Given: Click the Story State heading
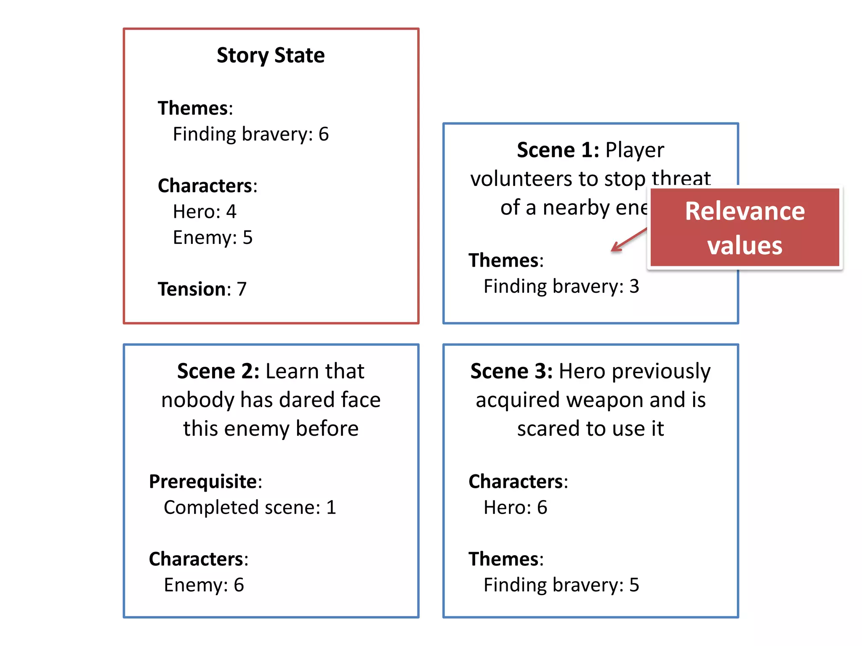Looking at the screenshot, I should click(271, 56).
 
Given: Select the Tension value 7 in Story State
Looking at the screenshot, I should click(242, 289).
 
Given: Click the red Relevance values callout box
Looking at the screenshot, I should click(745, 228).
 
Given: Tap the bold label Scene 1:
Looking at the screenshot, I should click(558, 150).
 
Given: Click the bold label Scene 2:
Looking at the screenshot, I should click(218, 371).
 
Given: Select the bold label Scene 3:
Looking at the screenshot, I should click(511, 371).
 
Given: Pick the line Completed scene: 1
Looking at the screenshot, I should click(250, 508).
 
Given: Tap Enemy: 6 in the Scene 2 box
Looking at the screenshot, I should click(204, 585).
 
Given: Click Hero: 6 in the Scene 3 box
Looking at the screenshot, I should click(515, 508).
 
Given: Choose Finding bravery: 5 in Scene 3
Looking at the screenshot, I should click(561, 585).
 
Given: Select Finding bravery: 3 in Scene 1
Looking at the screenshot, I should click(561, 286).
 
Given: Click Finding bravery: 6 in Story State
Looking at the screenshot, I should click(251, 135).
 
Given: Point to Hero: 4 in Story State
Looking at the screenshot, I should click(205, 212).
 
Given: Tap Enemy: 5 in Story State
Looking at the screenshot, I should click(213, 238).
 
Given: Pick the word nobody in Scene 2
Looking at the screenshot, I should click(197, 400).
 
